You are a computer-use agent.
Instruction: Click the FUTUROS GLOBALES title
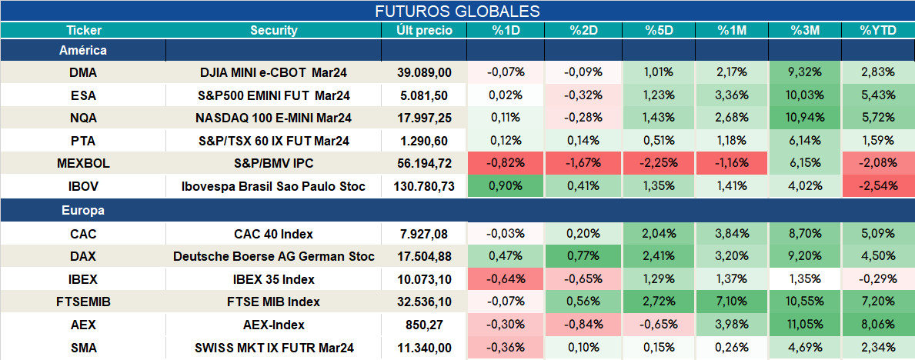457,11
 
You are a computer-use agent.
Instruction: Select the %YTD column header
877,31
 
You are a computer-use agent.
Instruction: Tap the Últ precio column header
424,31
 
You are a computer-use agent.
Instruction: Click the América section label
83,50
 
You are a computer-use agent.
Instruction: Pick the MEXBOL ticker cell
83,164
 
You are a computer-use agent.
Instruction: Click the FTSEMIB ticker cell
83,302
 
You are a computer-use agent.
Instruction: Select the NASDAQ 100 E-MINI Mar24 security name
274,118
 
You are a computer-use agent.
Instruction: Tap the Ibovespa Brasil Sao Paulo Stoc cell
274,187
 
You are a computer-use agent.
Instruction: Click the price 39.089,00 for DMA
424,72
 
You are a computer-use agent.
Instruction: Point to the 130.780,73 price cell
424,187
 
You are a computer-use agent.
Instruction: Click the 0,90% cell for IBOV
506,187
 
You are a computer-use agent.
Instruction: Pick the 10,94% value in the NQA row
805,118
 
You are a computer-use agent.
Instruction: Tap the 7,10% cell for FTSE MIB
732,302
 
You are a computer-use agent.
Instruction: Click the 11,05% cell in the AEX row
805,325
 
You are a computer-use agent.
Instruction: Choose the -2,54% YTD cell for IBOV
877,187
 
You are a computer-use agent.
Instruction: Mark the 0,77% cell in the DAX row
583,256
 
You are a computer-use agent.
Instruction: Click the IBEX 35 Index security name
274,279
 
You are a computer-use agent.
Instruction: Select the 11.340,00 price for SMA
424,348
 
